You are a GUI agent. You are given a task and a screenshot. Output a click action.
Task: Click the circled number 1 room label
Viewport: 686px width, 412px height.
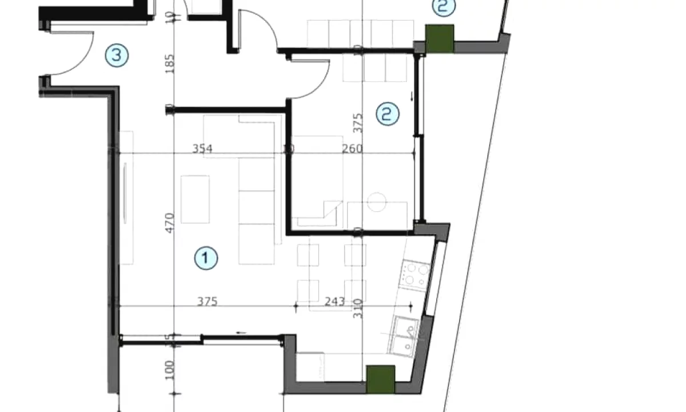coord(206,258)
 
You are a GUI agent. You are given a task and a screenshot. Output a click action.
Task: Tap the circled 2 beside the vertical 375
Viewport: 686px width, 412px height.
coord(388,113)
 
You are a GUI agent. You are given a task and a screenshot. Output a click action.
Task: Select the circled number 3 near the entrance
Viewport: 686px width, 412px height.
coord(117,56)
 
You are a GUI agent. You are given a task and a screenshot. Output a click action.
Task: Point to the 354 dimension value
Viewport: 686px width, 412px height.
coord(202,149)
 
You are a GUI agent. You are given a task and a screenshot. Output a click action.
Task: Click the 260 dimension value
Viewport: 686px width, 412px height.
coord(352,149)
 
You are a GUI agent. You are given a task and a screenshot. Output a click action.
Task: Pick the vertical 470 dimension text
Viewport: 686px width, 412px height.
coord(169,223)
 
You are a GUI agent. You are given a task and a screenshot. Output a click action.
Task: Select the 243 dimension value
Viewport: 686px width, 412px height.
coord(334,302)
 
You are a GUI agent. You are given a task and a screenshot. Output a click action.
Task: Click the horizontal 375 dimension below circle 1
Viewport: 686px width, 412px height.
coord(208,302)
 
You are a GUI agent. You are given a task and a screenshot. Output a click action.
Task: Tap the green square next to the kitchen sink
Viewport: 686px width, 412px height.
coord(380,379)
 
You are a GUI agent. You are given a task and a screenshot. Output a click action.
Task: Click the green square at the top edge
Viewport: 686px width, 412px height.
coord(440,38)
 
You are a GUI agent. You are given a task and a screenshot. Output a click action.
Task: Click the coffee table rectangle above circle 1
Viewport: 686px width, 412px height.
coord(196,199)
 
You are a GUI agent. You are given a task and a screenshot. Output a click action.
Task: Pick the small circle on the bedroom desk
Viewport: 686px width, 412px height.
coord(377,201)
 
